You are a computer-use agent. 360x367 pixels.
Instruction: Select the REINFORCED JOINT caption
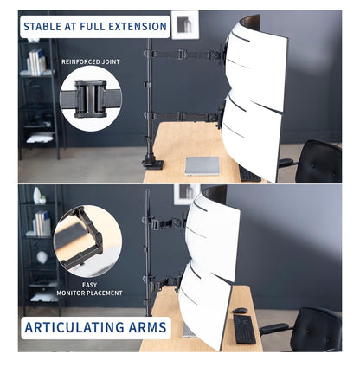point(91,61)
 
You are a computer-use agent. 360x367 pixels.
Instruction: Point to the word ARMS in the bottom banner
point(144,327)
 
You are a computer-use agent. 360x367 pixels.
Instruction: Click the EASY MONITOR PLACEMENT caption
point(89,289)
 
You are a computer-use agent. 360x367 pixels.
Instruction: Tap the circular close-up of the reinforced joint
point(91,99)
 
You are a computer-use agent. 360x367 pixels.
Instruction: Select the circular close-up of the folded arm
point(87,241)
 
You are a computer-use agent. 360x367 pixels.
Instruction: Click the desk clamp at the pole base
point(152,161)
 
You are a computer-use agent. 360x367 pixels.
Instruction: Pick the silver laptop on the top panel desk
point(202,166)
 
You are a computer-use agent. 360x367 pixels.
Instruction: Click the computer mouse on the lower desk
point(240,311)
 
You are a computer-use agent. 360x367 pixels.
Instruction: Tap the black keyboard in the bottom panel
point(244,329)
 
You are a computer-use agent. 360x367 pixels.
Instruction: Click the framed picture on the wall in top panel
point(185,25)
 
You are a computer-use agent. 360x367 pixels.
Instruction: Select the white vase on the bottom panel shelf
point(37,196)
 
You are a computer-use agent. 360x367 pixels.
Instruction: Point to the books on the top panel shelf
point(36,61)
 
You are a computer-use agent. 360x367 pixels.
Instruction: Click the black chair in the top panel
point(315,162)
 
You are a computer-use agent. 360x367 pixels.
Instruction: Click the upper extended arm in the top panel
point(184,54)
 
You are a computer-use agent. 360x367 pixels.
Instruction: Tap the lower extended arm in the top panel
point(183,117)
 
